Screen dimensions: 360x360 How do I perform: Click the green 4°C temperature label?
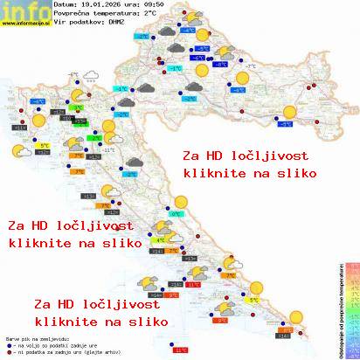coord(160,237)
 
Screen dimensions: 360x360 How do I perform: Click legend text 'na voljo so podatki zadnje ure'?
coord(48,343)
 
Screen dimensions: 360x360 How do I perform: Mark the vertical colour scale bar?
coord(351,310)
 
